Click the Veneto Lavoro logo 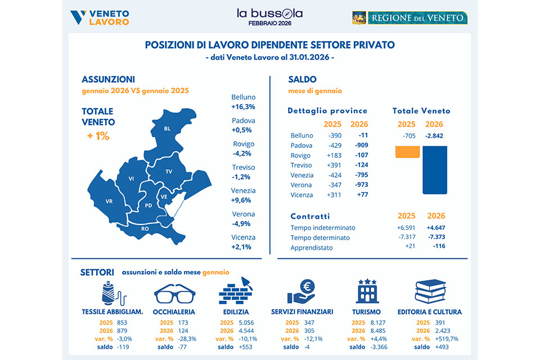(x=100, y=17)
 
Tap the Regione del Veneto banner (x=409, y=17)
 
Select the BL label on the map (x=167, y=129)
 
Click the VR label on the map (x=109, y=201)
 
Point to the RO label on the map (x=145, y=229)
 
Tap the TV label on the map (x=169, y=171)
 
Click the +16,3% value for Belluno (x=243, y=106)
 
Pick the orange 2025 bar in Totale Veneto (x=408, y=152)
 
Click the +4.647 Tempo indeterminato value (x=436, y=228)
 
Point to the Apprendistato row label (x=312, y=247)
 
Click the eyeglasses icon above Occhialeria (x=174, y=293)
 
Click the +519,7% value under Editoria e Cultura (x=447, y=339)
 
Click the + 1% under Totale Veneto (x=98, y=136)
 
